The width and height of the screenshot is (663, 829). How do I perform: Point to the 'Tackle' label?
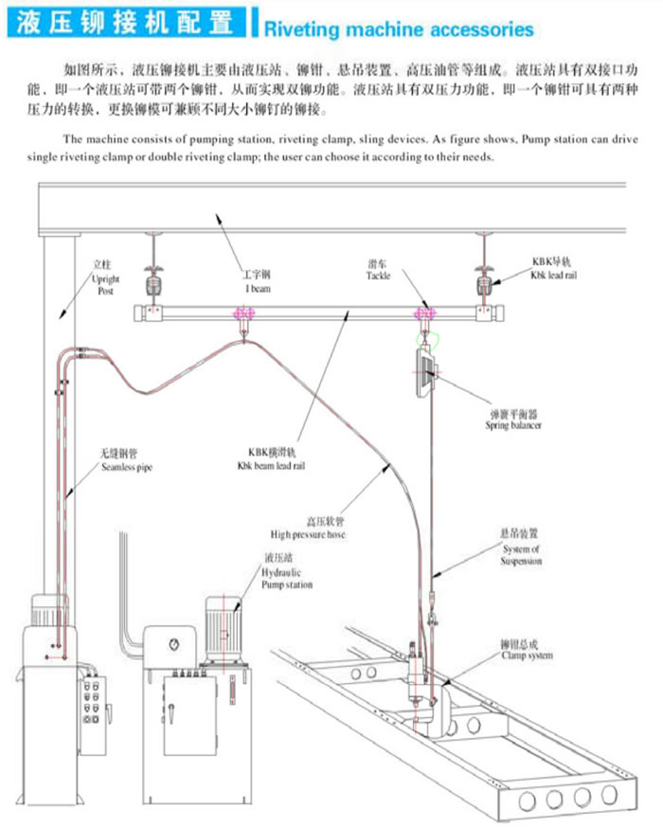click(x=379, y=270)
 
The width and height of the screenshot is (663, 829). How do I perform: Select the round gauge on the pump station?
click(x=173, y=644)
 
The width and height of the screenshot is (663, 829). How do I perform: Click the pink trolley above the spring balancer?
click(x=423, y=314)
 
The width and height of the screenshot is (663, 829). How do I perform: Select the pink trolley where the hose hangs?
click(x=244, y=314)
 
